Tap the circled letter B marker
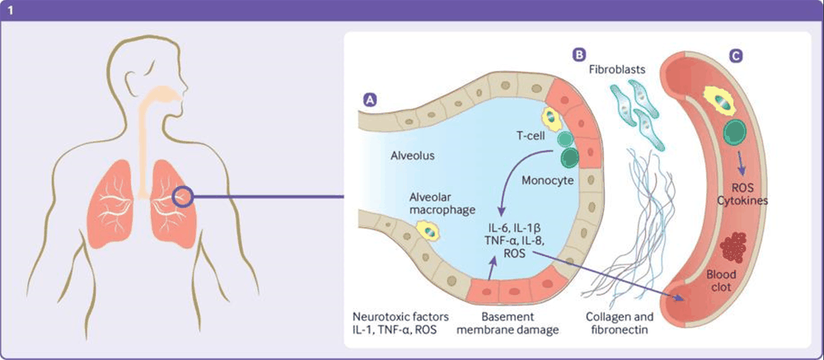coord(579,54)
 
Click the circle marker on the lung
coord(184,196)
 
